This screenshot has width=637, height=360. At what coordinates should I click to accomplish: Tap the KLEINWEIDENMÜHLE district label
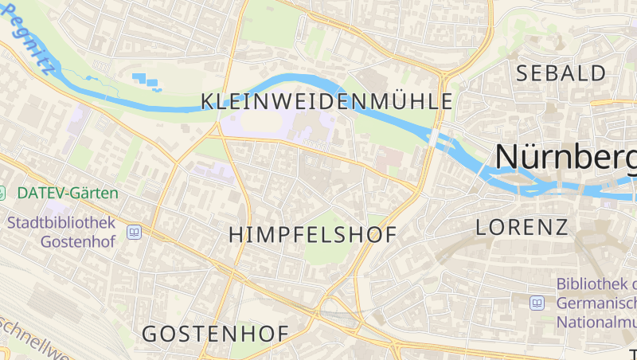[326, 101]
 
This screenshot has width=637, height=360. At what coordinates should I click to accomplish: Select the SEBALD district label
[561, 74]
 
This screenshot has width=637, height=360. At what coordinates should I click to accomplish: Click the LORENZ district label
[522, 227]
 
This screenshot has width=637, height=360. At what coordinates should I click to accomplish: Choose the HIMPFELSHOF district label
[312, 234]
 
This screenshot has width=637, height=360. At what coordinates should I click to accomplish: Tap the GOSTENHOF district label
[215, 334]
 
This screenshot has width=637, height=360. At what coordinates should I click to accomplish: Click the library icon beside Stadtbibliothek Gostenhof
[134, 233]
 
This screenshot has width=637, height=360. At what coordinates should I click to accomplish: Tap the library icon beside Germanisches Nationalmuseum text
[537, 303]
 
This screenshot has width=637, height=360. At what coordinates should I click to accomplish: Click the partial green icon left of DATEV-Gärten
[2, 193]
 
